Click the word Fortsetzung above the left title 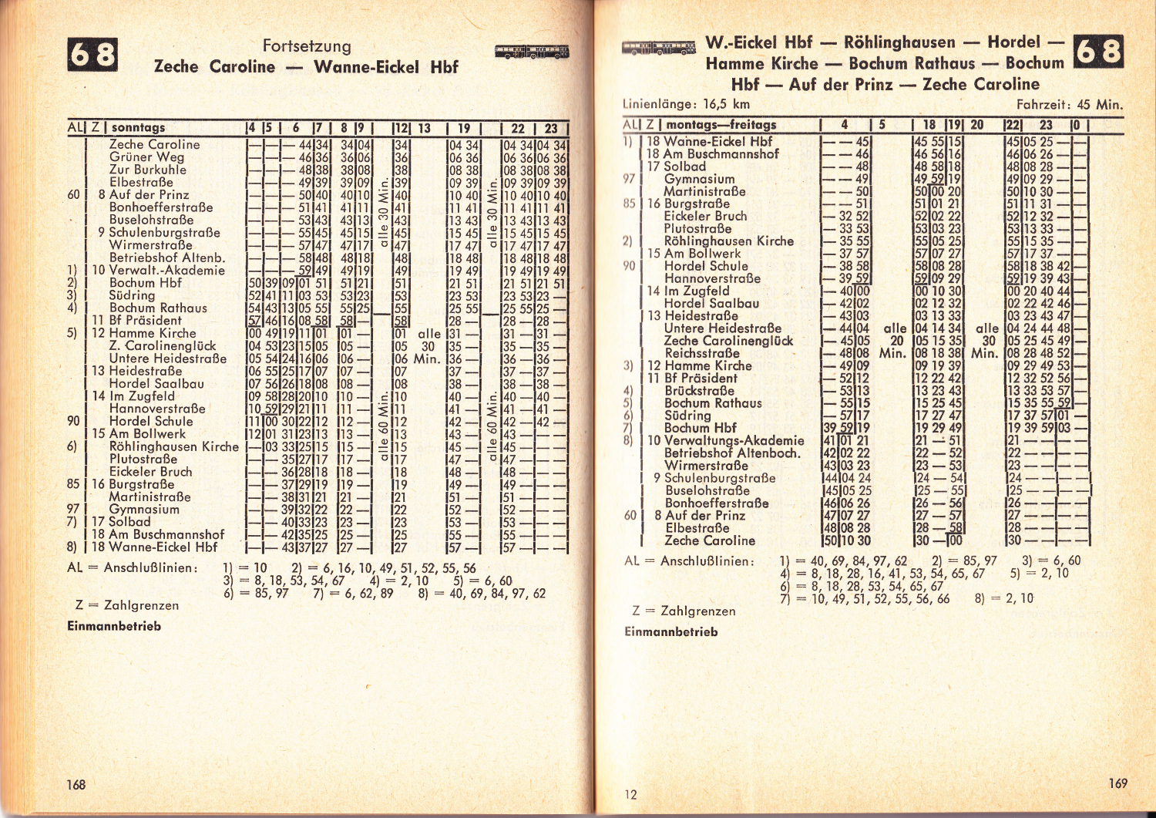[x=307, y=46]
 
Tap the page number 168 [x=76, y=784]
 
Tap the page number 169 [x=1117, y=783]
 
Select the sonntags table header [x=138, y=127]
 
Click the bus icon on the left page [x=532, y=52]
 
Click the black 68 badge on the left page [x=92, y=54]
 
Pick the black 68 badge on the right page [x=1097, y=51]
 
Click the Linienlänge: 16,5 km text [x=685, y=104]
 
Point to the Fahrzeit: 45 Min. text [x=1069, y=105]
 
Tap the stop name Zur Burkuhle [x=147, y=170]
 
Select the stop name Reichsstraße [x=701, y=353]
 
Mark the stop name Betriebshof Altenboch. [x=732, y=453]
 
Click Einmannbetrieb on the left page [x=114, y=626]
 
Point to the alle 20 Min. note [x=895, y=340]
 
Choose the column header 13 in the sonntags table [x=424, y=128]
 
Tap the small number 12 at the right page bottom [x=630, y=794]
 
